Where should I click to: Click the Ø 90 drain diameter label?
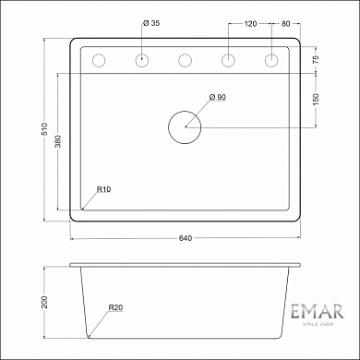click(x=218, y=98)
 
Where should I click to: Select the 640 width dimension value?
click(x=185, y=239)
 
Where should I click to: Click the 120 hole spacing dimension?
click(x=249, y=21)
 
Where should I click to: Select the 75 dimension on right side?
click(x=316, y=60)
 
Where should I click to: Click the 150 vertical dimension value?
click(x=316, y=100)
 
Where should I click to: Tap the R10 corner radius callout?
click(x=102, y=189)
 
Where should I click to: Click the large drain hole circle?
click(x=185, y=126)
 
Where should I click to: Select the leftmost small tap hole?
click(x=99, y=61)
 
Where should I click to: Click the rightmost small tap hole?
click(x=271, y=61)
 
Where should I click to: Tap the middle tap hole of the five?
click(x=185, y=61)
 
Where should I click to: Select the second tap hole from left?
click(x=141, y=61)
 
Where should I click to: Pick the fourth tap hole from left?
click(x=228, y=61)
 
